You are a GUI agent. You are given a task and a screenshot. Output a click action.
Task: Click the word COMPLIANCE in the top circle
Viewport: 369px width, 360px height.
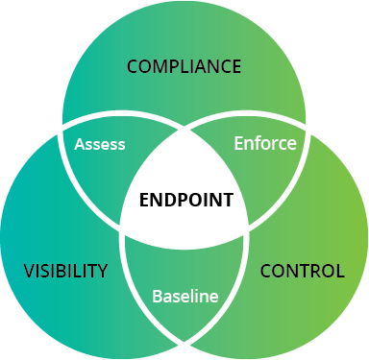[184, 66]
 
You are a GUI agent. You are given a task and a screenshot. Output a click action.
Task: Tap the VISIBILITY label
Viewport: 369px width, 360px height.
[65, 271]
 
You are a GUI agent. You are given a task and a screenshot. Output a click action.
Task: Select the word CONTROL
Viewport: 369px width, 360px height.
[303, 271]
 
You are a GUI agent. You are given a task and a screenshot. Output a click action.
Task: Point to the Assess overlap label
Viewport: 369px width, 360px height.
[99, 144]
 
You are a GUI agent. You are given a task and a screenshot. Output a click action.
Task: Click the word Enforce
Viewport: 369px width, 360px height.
[265, 143]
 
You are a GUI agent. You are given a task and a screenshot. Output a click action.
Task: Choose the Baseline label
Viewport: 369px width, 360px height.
[184, 297]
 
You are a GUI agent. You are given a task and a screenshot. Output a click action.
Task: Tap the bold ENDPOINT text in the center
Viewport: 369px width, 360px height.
[185, 201]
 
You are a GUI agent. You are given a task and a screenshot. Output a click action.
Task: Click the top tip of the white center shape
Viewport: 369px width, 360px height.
[184, 123]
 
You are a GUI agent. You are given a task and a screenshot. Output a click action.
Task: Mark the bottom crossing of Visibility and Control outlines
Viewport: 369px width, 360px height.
[184, 344]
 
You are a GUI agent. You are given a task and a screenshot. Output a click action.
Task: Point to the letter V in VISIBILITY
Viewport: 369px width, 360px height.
[29, 271]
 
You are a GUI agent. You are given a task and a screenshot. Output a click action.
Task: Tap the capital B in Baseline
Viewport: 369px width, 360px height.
[158, 297]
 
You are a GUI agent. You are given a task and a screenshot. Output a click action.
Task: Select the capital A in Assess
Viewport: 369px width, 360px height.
[80, 144]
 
